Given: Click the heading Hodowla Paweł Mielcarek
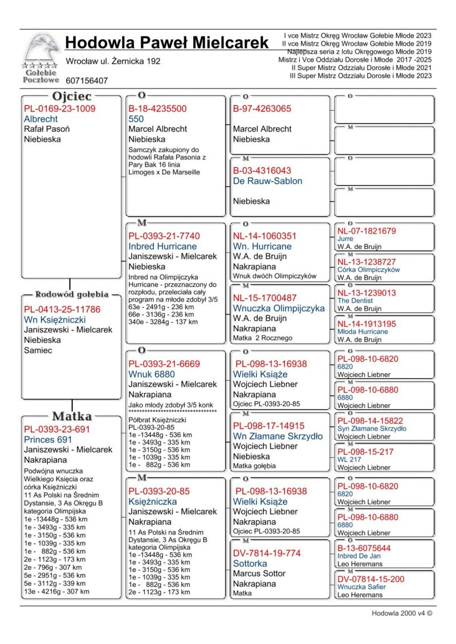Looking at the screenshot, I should [166, 43].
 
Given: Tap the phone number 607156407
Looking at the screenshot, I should [87, 81].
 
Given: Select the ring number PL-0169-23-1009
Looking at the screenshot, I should [59, 109].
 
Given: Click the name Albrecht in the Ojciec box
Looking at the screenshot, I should [40, 119].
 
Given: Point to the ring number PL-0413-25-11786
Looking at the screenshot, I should [62, 309].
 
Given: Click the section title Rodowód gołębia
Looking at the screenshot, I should [72, 295].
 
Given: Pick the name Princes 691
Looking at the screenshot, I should [48, 440].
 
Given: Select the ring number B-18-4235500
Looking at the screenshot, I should [157, 109].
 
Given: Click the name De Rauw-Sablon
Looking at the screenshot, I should [267, 181].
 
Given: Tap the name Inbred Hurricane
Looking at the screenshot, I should [162, 246].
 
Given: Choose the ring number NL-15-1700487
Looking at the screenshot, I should [264, 298].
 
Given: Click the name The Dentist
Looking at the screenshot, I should [355, 300].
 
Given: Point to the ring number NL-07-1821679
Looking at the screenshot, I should [367, 231].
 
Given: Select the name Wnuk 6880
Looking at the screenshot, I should [151, 374].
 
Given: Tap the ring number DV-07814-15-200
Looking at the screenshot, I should [370, 579].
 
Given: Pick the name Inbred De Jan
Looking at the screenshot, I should [359, 556].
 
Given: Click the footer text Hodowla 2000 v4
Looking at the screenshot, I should [402, 614].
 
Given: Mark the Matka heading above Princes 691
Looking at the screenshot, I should [72, 416].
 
